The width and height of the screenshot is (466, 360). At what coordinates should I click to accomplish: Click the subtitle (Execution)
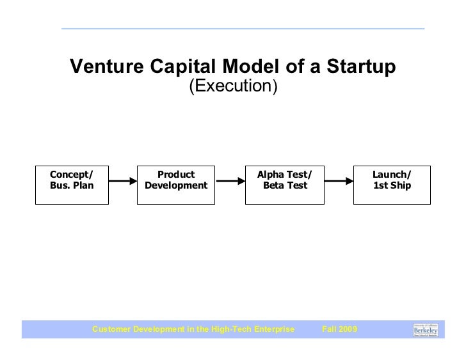coord(232,86)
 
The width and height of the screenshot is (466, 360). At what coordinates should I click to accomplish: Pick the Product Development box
coord(176,184)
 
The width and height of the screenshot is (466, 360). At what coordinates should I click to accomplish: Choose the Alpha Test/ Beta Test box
coord(284,184)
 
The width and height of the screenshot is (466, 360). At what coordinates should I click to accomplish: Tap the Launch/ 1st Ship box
coord(392,184)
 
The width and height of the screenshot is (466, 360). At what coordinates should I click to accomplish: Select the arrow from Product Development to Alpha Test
coord(230,182)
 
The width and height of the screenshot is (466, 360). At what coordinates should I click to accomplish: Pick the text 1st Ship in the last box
coord(392,186)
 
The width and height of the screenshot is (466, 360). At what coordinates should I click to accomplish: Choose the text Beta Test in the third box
coord(285,186)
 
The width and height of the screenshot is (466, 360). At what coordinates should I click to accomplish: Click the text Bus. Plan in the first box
coord(71,186)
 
